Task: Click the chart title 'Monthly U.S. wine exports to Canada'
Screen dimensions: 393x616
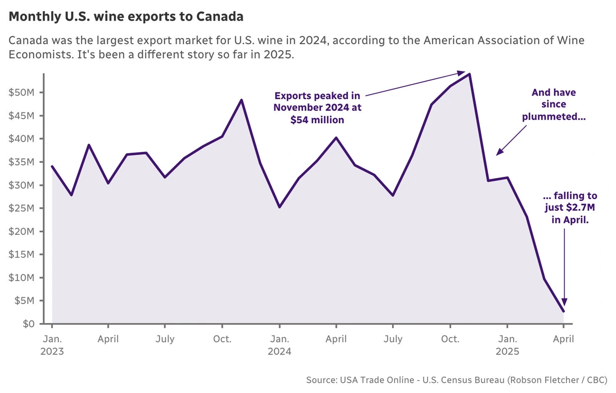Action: [x=126, y=17]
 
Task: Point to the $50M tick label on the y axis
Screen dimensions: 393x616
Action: [x=22, y=93]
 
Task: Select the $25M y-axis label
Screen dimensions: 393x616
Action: [x=22, y=209]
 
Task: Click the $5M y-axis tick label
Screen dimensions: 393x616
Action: [x=24, y=301]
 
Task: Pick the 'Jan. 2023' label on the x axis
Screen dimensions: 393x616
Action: [x=52, y=345]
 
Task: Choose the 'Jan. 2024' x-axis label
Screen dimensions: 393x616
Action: [x=279, y=345]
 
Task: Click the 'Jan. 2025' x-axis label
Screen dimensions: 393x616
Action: [x=507, y=345]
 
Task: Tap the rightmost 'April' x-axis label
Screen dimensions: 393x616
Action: [x=563, y=339]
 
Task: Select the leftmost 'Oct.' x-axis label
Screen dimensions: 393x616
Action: [x=222, y=339]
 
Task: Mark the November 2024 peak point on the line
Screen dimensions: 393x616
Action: [x=469, y=74]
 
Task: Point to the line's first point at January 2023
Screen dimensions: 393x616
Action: [x=52, y=166]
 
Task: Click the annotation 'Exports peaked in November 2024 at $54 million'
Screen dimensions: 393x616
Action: [x=317, y=107]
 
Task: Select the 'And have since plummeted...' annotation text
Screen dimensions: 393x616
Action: [x=553, y=104]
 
